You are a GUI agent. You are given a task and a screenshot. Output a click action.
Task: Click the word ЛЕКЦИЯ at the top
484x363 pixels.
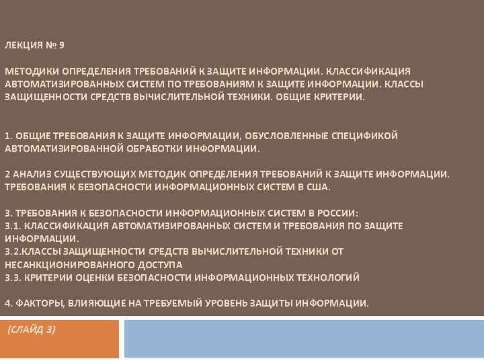point(22,46)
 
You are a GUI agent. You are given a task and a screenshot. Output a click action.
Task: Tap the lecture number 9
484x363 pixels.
point(62,46)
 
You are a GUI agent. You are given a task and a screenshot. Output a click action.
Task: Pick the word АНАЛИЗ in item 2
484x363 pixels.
point(29,174)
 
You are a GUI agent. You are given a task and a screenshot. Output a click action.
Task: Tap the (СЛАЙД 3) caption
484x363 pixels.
point(32,329)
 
